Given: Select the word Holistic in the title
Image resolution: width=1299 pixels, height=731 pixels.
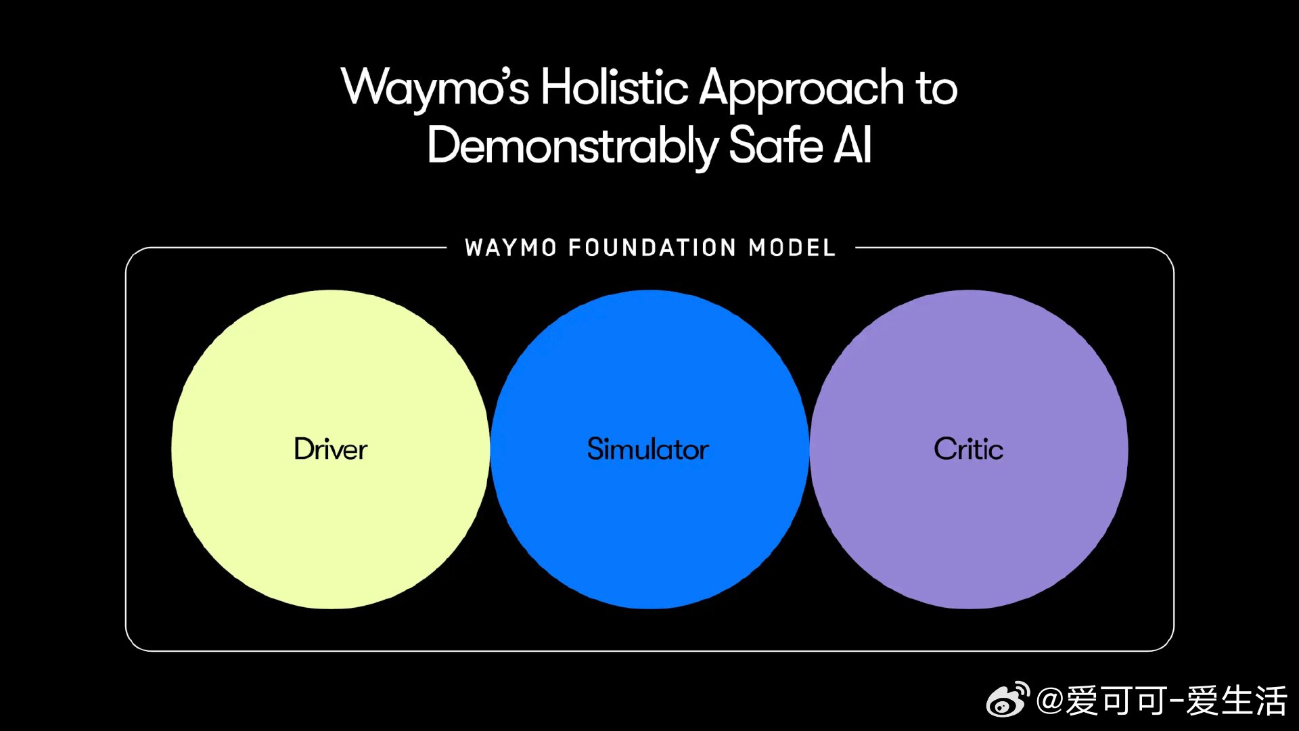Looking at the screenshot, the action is pyautogui.click(x=614, y=88).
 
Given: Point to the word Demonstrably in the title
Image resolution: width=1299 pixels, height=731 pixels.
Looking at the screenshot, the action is pyautogui.click(x=572, y=146).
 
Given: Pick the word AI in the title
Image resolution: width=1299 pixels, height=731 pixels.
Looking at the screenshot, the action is pyautogui.click(x=852, y=145).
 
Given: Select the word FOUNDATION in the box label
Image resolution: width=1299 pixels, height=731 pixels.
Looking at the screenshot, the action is pyautogui.click(x=652, y=248).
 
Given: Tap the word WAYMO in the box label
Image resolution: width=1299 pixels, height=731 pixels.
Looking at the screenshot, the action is pyautogui.click(x=511, y=248).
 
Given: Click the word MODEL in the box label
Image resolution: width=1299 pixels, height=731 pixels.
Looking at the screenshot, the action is pyautogui.click(x=792, y=248).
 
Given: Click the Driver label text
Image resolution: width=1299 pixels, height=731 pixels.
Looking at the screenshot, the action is pyautogui.click(x=330, y=449).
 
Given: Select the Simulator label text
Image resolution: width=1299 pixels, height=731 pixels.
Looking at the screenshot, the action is pyautogui.click(x=648, y=449).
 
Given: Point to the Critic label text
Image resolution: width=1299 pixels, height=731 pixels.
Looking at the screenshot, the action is pyautogui.click(x=968, y=449).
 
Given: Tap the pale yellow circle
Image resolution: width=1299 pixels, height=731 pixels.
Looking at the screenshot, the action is pyautogui.click(x=330, y=528).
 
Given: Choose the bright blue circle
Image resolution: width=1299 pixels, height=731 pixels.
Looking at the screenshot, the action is pyautogui.click(x=649, y=528).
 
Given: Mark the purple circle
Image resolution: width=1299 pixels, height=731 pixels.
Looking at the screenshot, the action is pyautogui.click(x=969, y=528).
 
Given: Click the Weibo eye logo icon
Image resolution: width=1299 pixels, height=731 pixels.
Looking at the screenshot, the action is pyautogui.click(x=1007, y=701).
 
